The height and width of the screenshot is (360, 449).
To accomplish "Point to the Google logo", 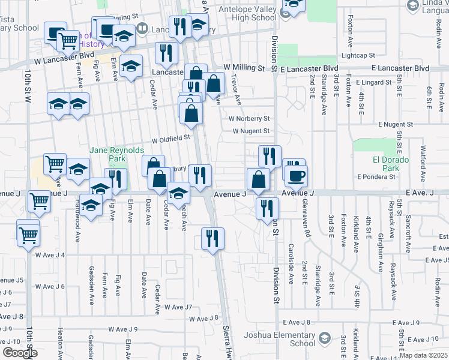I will click(19, 353).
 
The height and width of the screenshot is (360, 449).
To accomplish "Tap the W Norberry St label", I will click(250, 119).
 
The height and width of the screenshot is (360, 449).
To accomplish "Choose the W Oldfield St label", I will click(170, 138).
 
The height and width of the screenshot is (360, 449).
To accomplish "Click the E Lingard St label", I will click(373, 82).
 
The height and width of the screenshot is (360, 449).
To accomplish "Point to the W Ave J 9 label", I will click(124, 329).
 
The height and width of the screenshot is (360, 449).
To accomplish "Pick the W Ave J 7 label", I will click(178, 307).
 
